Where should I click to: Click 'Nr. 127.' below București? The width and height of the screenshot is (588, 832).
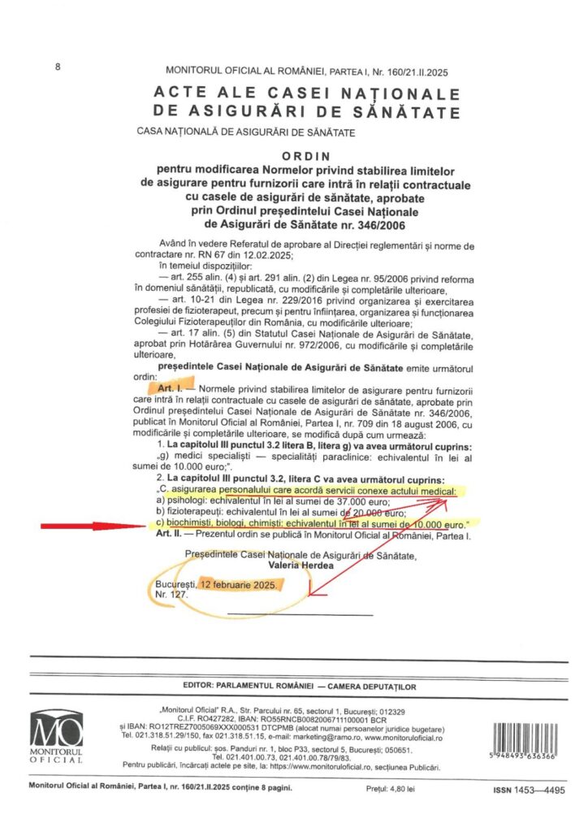tap(171, 595)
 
